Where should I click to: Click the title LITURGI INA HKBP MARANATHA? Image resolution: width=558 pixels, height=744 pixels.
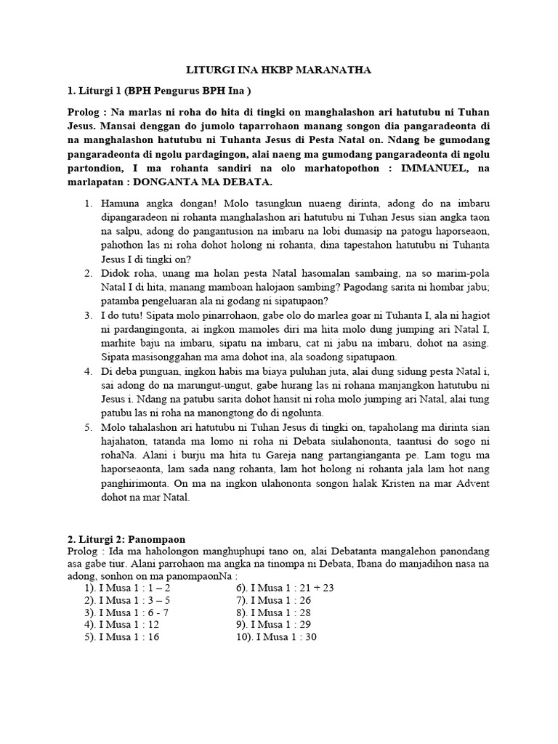(x=279, y=70)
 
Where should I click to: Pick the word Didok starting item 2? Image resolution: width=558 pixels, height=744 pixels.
(x=115, y=273)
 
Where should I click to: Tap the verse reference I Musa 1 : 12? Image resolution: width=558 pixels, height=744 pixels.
(x=127, y=624)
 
